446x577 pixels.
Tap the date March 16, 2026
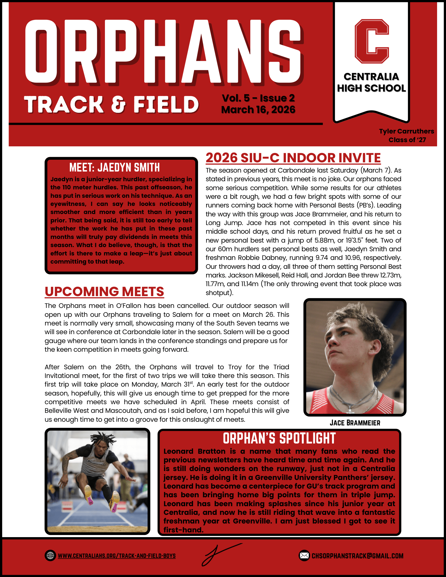point(258,110)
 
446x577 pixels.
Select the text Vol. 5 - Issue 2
point(258,98)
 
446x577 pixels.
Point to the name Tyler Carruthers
point(406,131)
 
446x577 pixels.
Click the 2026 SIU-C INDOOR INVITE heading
point(293,158)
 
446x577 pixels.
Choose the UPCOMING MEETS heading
point(104,292)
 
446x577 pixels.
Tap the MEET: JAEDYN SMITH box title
point(114,168)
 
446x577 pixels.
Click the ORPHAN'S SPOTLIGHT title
point(279,439)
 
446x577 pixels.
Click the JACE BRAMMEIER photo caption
point(355,423)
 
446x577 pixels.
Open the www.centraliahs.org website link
point(116,556)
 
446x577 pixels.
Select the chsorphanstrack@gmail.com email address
point(358,556)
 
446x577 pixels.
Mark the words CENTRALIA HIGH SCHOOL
point(371,82)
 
